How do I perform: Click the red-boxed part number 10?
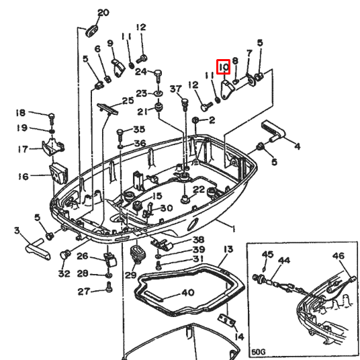pyautogui.click(x=224, y=67)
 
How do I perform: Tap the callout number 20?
pyautogui.click(x=103, y=13)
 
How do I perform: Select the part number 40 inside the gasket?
pyautogui.click(x=188, y=293)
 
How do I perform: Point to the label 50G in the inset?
pyautogui.click(x=259, y=352)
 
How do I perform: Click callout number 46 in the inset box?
pyautogui.click(x=339, y=256)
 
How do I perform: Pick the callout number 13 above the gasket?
pyautogui.click(x=228, y=249)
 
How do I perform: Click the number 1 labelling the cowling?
pyautogui.click(x=233, y=228)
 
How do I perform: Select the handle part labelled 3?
pyautogui.click(x=38, y=250)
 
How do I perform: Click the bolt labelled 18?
pyautogui.click(x=52, y=119)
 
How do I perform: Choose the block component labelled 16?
pyautogui.click(x=58, y=173)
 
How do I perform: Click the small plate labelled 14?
pyautogui.click(x=226, y=320)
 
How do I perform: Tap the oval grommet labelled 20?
pyautogui.click(x=92, y=31)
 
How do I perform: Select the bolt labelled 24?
pyautogui.click(x=158, y=76)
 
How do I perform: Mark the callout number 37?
pyautogui.click(x=176, y=89)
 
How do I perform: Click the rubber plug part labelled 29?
pyautogui.click(x=138, y=254)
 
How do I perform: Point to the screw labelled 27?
pyautogui.click(x=109, y=287)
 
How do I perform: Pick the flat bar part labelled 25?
pyautogui.click(x=107, y=109)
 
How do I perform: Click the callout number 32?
pyautogui.click(x=64, y=273)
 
